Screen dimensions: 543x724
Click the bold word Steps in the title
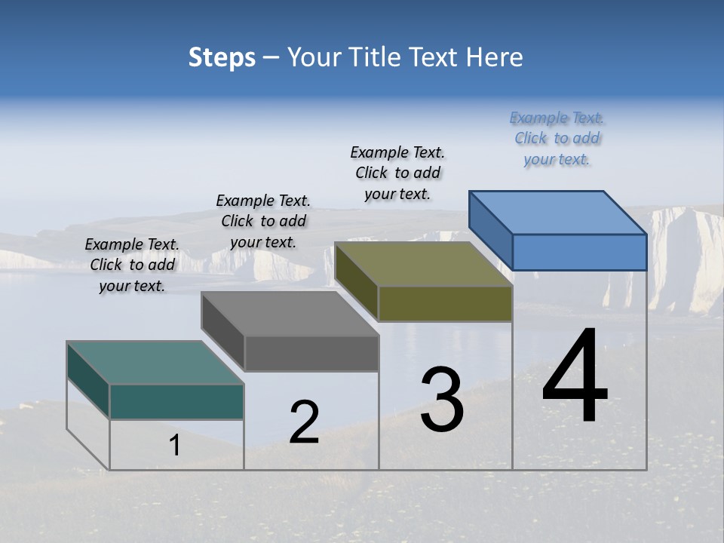(222, 57)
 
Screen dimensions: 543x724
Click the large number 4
(575, 377)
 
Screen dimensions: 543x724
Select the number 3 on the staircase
(441, 400)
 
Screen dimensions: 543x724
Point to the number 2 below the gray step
(304, 422)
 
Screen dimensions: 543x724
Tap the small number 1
(175, 446)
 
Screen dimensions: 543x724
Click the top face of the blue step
(558, 213)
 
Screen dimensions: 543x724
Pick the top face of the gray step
(290, 314)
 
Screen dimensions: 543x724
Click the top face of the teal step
(155, 363)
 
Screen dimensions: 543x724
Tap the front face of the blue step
(579, 252)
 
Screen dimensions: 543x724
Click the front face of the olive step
(445, 303)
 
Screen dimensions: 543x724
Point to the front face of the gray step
(311, 353)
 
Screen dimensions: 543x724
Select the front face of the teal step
(176, 401)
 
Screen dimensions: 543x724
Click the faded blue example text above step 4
(557, 139)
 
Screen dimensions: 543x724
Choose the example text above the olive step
(397, 173)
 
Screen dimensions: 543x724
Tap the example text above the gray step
(263, 221)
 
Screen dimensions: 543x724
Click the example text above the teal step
(132, 265)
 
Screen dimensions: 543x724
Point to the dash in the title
(271, 57)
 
